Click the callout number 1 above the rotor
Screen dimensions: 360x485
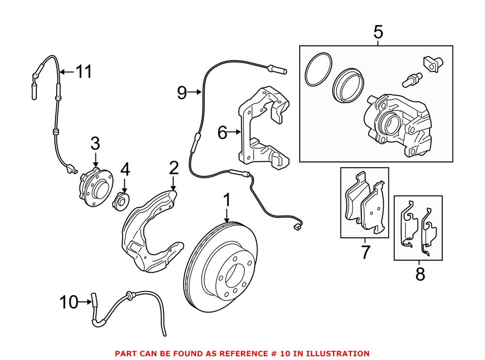tap(226, 200)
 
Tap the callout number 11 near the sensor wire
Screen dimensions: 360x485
tap(83, 72)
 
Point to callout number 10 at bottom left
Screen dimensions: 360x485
tap(68, 303)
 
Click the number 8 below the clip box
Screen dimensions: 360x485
tap(420, 274)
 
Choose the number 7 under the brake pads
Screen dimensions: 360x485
tap(365, 252)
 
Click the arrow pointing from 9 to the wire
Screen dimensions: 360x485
tap(195, 92)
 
